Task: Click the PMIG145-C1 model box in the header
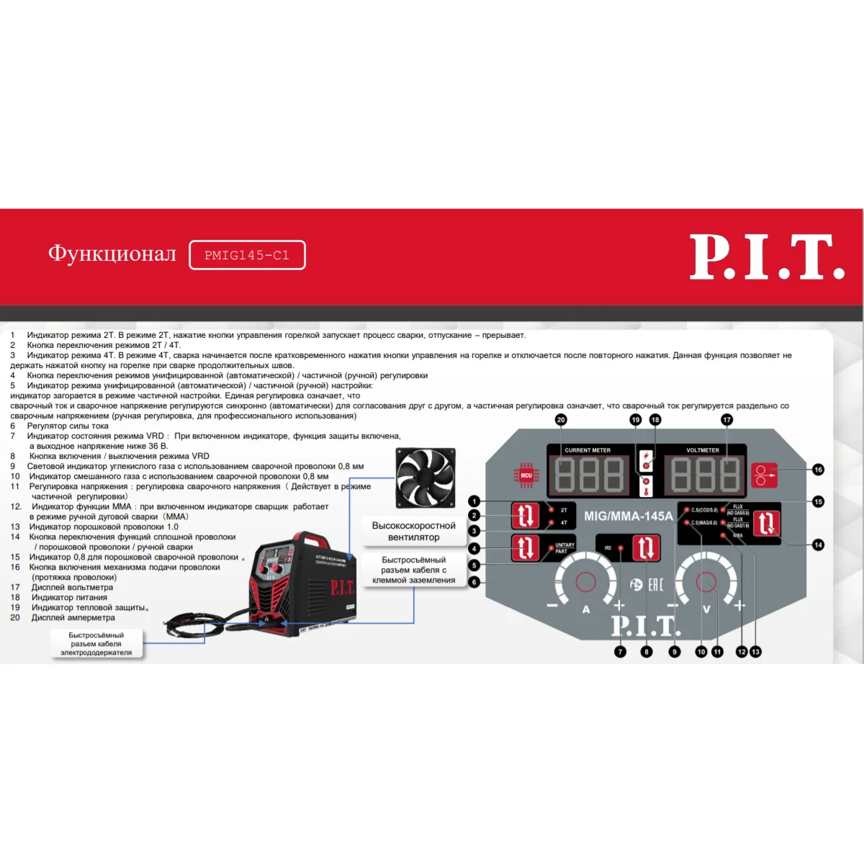point(247,255)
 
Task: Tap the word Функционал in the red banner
point(112,254)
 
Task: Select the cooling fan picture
point(426,478)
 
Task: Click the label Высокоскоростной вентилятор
point(413,532)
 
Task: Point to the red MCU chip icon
point(526,475)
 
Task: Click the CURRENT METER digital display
point(589,475)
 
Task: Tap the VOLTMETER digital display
point(705,475)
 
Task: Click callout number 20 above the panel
point(561,420)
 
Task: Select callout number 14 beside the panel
point(818,544)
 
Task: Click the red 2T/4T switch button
point(525,516)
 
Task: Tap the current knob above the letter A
point(585,582)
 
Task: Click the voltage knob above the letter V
point(706,582)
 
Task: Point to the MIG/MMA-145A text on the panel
point(628,516)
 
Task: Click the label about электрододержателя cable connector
point(96,644)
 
